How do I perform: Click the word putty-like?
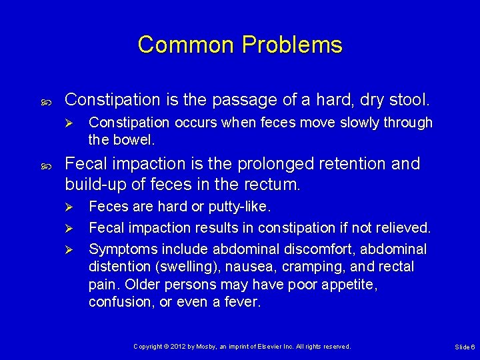(245, 207)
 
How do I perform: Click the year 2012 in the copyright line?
(177, 347)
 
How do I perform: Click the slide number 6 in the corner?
(473, 347)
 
